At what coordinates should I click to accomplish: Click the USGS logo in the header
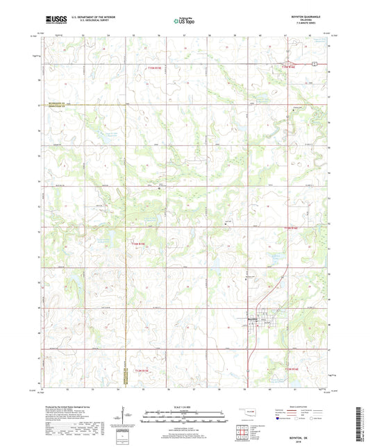[x=52, y=20]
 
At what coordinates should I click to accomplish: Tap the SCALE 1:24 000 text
[x=184, y=407]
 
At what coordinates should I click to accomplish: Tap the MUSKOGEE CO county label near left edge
[x=54, y=103]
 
